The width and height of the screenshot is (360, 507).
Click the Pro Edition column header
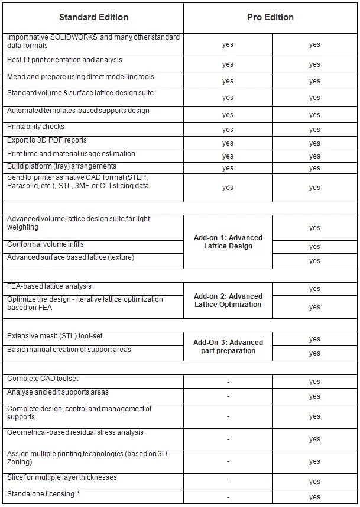[270, 17]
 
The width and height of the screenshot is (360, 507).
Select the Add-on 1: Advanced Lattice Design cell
[228, 242]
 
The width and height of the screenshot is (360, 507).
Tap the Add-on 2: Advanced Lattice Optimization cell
[228, 301]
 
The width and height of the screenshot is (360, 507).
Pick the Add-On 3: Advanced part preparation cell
[228, 347]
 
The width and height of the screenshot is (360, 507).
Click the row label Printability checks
[35, 127]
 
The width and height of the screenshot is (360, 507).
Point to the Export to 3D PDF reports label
[47, 140]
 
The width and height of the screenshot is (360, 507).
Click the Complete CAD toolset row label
[43, 379]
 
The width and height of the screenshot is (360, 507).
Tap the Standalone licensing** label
[43, 493]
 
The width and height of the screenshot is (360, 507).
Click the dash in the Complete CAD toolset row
[228, 382]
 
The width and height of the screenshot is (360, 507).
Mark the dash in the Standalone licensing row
[228, 498]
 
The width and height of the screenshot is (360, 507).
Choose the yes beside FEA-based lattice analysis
[314, 289]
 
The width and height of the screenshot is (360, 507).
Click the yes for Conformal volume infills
[314, 247]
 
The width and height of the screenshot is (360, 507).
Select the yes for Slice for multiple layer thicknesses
[314, 482]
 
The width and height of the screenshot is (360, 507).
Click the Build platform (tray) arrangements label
[61, 166]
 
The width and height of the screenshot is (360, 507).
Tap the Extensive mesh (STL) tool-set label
[54, 336]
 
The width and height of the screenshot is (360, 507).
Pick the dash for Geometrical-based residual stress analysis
[228, 439]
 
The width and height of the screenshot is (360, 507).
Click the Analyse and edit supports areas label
[57, 392]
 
